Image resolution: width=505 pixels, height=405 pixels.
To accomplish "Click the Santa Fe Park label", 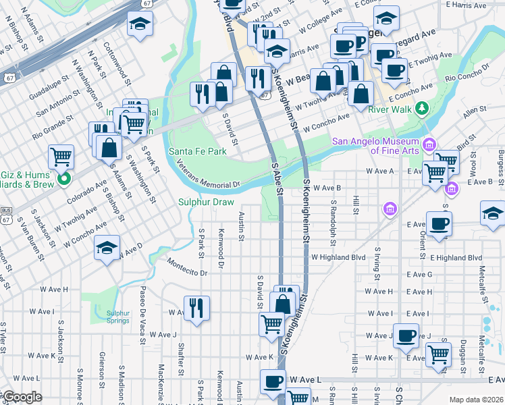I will pos(197,152).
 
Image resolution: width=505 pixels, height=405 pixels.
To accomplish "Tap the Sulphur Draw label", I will pos(206,202).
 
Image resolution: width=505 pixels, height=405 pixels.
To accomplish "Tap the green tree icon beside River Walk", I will pos(422,108).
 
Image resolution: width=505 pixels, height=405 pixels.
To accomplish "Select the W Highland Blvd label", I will pos(338,257).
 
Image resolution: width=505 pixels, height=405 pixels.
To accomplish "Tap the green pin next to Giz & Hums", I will pos(64,180).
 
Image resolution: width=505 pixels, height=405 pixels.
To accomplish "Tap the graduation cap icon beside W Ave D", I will pos(107,247).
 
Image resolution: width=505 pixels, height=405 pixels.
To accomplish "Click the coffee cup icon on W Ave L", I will pos(273,381).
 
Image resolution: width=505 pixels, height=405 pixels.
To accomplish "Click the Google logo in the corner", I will pos(22,397).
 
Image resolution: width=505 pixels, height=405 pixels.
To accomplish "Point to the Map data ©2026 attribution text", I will pos(475,400).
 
